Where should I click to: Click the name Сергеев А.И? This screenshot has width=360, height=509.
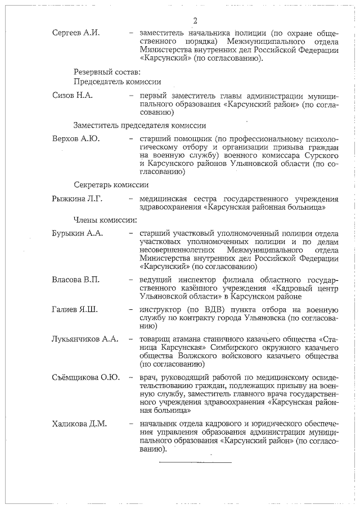coord(75,33)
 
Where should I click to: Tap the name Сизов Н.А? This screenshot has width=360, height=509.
coord(71,95)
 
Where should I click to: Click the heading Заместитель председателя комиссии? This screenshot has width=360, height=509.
coord(139,125)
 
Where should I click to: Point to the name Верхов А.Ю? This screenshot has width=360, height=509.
coord(74,138)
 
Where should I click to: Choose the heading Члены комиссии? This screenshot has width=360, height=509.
coord(106,219)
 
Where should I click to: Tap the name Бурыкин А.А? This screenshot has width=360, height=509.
coord(77,233)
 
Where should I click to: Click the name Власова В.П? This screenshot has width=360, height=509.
coord(75,280)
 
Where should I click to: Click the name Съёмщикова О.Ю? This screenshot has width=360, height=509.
coord(85,377)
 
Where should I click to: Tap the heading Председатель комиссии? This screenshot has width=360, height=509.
coord(118,82)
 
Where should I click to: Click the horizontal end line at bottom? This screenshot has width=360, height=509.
coord(195,462)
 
